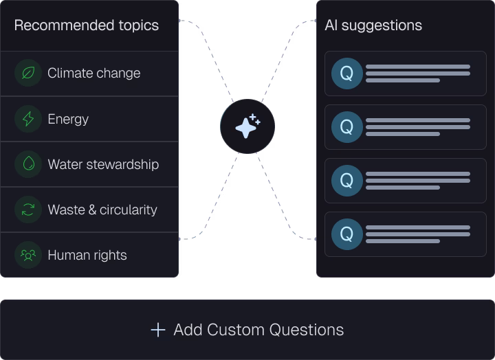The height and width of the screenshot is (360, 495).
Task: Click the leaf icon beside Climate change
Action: [28, 73]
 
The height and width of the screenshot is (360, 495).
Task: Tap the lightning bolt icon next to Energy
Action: [28, 119]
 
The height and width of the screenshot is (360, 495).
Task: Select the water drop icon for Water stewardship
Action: [28, 164]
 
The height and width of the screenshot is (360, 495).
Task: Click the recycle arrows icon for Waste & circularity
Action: [28, 210]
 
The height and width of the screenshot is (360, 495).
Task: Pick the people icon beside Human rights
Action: [28, 255]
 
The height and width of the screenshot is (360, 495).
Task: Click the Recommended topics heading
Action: [86, 25]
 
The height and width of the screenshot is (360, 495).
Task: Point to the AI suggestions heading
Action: [373, 25]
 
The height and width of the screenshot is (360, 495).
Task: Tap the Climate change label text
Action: [93, 74]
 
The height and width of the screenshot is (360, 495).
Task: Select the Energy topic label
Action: [68, 119]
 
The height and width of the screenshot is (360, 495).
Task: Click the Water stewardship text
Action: [103, 164]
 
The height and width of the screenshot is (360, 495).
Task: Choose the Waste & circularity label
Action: [102, 210]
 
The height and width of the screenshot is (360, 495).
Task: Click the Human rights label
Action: [87, 256]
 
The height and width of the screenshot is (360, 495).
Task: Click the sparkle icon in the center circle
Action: [247, 126]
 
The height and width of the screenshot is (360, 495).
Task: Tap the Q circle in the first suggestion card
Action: [347, 74]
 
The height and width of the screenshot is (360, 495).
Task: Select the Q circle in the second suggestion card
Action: [347, 127]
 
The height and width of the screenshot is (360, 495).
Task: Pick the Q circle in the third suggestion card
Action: [347, 181]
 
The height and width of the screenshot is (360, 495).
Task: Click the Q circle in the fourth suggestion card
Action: [347, 234]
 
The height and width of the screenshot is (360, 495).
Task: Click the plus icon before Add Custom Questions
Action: [158, 330]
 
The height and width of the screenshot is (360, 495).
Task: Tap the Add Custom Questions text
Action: [258, 330]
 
